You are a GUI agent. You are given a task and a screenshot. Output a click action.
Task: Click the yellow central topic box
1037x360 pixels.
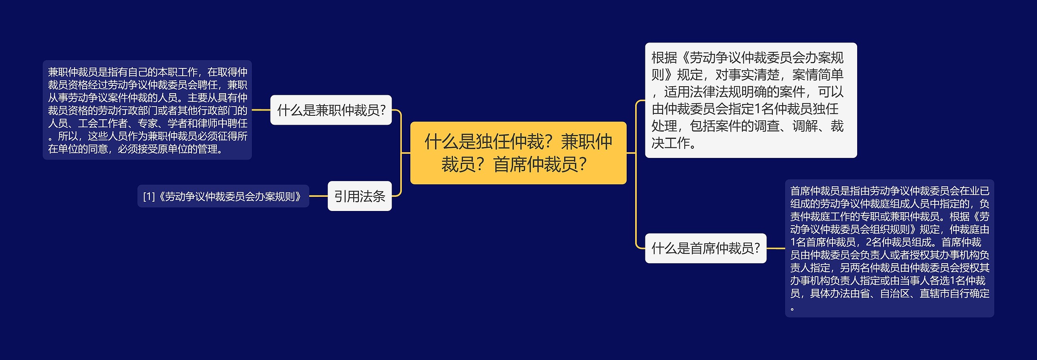pyautogui.click(x=518, y=153)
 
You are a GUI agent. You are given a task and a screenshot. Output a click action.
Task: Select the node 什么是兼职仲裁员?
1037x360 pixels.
pyautogui.click(x=331, y=110)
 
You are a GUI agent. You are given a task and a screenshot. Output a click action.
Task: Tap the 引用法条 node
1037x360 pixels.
pyautogui.click(x=359, y=196)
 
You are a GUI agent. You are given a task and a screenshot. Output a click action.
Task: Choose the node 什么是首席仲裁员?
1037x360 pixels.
pyautogui.click(x=705, y=248)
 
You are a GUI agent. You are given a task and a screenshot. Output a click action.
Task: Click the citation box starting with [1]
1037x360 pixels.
pyautogui.click(x=223, y=196)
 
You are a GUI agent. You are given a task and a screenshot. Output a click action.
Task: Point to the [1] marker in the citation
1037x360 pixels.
pyautogui.click(x=149, y=196)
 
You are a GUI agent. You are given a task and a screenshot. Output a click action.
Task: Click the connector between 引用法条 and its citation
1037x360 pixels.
pyautogui.click(x=318, y=196)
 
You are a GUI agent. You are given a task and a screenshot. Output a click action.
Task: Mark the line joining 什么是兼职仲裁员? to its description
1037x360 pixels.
pyautogui.click(x=261, y=110)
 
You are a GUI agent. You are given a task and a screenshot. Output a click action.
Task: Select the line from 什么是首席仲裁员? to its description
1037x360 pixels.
pyautogui.click(x=776, y=248)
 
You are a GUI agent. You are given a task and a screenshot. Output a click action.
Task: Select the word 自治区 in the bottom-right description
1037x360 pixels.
pyautogui.click(x=895, y=293)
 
